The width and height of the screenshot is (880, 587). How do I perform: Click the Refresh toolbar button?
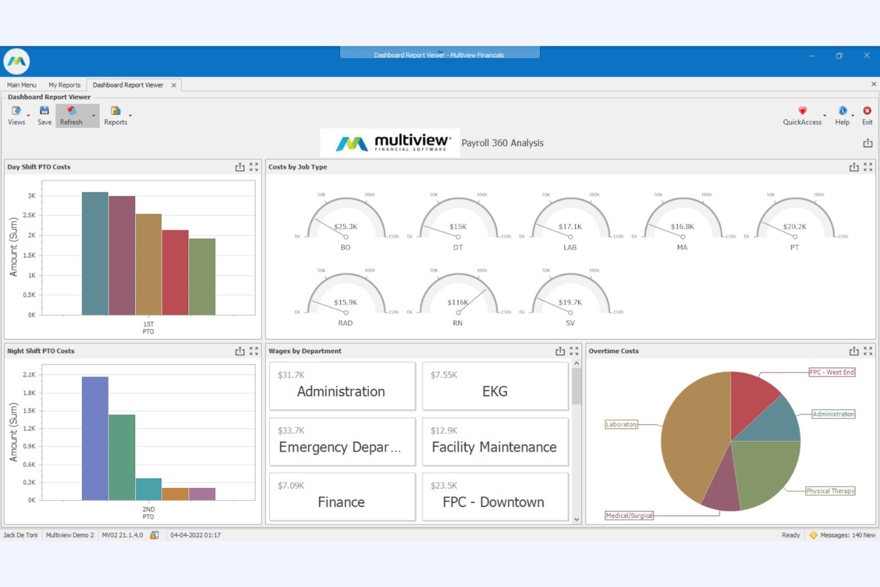pyautogui.click(x=71, y=115)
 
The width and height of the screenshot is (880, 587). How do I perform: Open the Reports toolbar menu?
pyautogui.click(x=116, y=115)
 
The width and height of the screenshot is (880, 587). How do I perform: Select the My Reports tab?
pyautogui.click(x=64, y=85)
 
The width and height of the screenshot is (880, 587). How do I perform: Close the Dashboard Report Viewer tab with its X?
pyautogui.click(x=174, y=85)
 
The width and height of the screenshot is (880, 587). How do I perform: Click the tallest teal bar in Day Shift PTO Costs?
pyautogui.click(x=95, y=253)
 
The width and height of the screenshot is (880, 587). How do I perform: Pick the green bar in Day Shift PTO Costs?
pyautogui.click(x=202, y=277)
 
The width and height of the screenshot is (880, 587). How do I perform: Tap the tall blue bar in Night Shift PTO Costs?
pyautogui.click(x=95, y=438)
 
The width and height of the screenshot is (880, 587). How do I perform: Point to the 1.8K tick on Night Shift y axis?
pyautogui.click(x=29, y=393)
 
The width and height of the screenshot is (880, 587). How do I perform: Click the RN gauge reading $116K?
pyautogui.click(x=458, y=302)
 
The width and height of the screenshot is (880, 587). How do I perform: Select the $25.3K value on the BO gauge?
pyautogui.click(x=345, y=227)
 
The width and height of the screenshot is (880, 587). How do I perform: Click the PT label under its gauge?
pyautogui.click(x=794, y=247)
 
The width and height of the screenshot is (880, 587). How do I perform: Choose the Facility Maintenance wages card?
pyautogui.click(x=495, y=441)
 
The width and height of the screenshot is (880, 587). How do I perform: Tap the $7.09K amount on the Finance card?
pyautogui.click(x=291, y=485)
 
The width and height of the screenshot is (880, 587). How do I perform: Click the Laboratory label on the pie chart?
pyautogui.click(x=621, y=424)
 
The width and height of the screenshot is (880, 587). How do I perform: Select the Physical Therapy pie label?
pyautogui.click(x=830, y=491)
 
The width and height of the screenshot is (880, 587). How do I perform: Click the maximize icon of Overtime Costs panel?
pyautogui.click(x=868, y=351)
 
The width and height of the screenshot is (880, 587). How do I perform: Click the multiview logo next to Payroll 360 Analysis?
pyautogui.click(x=390, y=143)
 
